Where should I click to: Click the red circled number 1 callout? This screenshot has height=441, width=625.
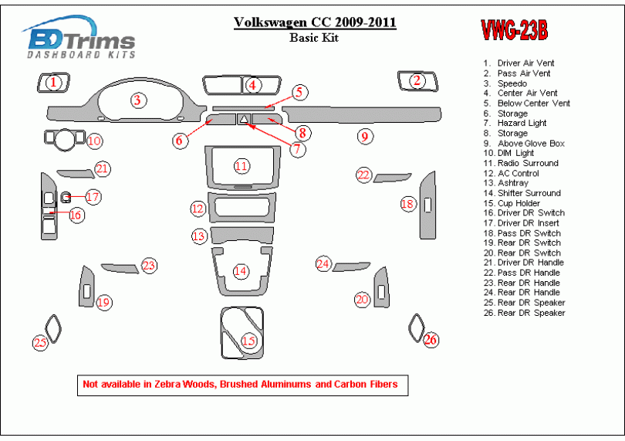click(52, 81)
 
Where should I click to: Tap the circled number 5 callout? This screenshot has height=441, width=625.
click(299, 93)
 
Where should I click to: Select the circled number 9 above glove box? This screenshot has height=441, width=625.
click(364, 137)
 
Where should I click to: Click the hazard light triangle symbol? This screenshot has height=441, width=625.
click(243, 120)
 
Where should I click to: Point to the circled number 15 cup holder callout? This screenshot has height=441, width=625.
click(248, 341)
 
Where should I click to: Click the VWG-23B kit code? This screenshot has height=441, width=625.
click(515, 31)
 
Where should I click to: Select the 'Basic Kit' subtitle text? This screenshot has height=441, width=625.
click(315, 38)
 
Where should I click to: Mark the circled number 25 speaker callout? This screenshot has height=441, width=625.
click(39, 342)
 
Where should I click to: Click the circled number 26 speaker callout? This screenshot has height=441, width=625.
click(431, 339)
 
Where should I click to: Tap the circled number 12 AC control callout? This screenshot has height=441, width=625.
click(198, 209)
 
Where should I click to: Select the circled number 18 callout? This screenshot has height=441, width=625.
click(407, 204)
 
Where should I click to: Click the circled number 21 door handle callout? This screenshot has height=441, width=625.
click(103, 168)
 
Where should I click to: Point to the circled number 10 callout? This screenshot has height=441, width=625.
click(93, 141)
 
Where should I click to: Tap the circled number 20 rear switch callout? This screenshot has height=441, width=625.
click(362, 299)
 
